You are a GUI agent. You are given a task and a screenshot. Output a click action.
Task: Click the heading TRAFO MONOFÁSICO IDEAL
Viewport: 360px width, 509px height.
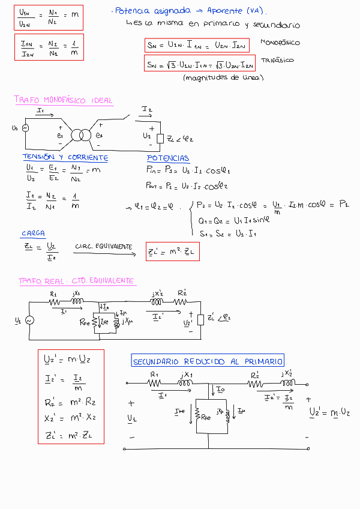[63, 100]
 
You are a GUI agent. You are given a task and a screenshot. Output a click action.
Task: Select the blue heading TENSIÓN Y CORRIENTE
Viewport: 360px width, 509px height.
[65, 157]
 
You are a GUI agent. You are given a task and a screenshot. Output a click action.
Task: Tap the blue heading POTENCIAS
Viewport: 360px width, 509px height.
[168, 158]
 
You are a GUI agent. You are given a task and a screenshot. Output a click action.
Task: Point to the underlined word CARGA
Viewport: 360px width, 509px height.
[33, 233]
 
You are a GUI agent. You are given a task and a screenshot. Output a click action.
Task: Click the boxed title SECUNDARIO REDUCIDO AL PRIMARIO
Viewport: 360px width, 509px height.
[208, 361]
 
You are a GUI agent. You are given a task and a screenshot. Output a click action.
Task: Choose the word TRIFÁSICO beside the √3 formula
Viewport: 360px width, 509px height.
[277, 61]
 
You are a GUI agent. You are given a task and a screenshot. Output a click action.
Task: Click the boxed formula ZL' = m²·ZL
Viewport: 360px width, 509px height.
[172, 252]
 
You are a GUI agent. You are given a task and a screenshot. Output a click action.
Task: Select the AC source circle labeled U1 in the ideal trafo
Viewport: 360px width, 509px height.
[26, 128]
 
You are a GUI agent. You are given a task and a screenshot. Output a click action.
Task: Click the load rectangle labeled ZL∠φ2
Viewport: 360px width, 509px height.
[160, 139]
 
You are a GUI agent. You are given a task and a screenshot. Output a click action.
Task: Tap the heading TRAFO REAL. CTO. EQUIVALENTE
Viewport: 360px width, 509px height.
[76, 281]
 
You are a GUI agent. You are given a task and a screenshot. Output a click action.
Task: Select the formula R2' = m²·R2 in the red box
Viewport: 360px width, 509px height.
[67, 402]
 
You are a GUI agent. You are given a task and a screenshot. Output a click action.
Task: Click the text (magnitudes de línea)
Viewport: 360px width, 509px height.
[223, 77]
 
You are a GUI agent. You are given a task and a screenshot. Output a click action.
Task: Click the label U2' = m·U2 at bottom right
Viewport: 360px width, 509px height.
[329, 412]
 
